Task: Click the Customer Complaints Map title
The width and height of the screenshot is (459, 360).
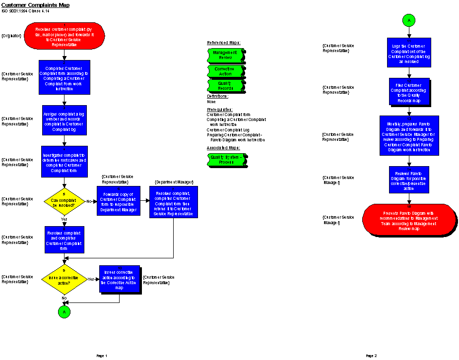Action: (35, 5)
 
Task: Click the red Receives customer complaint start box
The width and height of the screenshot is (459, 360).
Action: (65, 36)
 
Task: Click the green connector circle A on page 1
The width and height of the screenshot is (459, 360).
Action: (64, 311)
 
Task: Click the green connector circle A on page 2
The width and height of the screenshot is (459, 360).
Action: (409, 20)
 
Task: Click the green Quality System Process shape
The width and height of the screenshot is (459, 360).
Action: (226, 159)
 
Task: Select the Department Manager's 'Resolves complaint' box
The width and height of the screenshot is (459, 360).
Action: (173, 201)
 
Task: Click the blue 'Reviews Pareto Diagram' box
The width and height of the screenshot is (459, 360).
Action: (409, 179)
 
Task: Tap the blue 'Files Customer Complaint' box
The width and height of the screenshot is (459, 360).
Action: (409, 92)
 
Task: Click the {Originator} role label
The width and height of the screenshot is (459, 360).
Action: (11, 36)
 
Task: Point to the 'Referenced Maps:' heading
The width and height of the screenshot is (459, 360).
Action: (223, 43)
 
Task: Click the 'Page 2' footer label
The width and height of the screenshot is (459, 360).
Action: (371, 356)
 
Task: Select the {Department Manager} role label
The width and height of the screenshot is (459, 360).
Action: (173, 182)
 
